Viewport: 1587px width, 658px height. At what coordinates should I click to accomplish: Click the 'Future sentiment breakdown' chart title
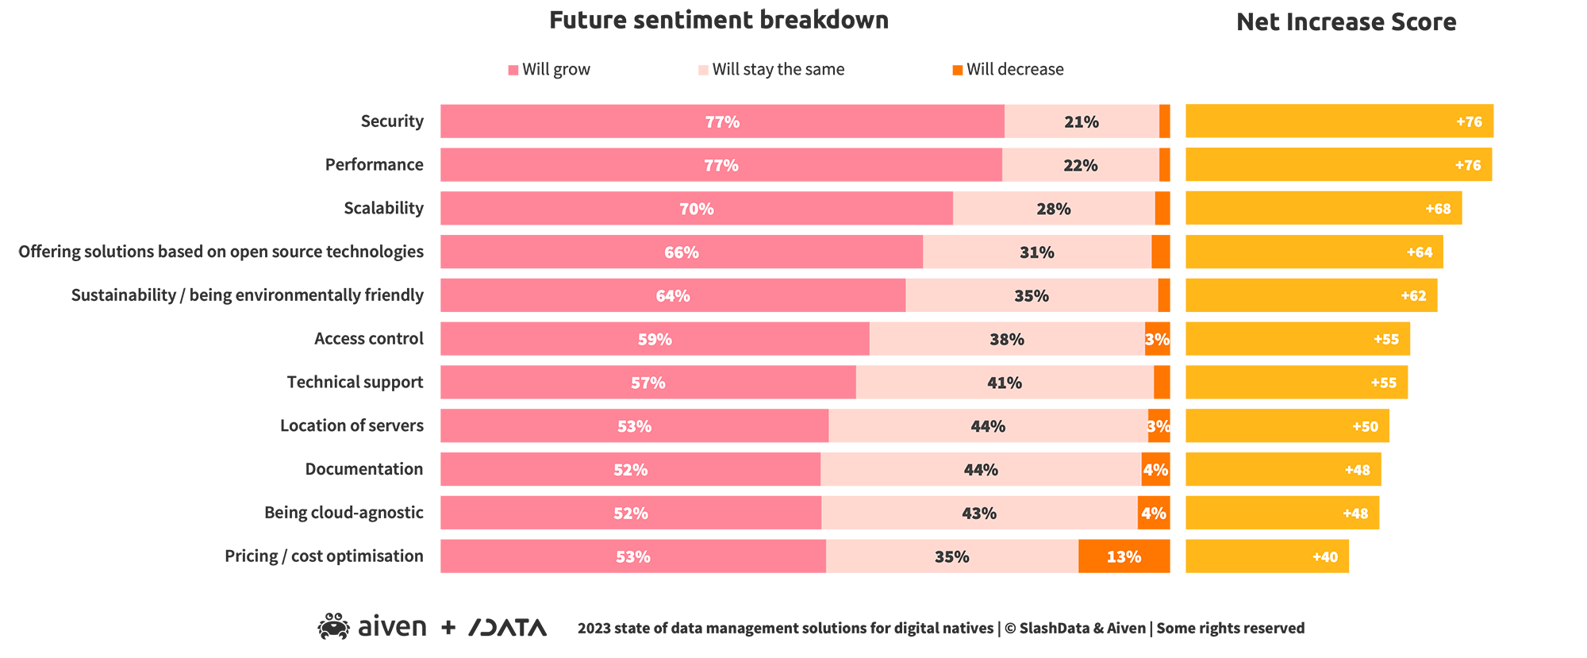coord(718,20)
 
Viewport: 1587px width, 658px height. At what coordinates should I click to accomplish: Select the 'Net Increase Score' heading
coord(1346,22)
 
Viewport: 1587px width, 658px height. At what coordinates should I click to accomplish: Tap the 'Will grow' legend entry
coord(549,70)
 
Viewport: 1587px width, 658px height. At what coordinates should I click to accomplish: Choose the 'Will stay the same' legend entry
coord(771,70)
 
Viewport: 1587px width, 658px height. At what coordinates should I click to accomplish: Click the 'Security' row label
coord(392,121)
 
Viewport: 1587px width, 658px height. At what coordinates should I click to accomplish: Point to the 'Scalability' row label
coord(383,209)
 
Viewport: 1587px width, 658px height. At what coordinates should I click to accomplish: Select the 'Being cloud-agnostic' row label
coord(344,513)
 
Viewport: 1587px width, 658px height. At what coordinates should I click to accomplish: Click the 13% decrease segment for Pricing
coord(1124,556)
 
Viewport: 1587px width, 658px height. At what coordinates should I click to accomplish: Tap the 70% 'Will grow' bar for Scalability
coord(696,209)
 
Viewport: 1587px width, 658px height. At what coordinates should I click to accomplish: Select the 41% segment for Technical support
coord(1004,383)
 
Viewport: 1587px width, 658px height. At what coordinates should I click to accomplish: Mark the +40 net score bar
coord(1266,556)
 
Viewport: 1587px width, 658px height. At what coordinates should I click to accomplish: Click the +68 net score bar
coord(1323,209)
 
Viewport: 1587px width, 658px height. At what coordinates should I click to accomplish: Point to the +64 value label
coord(1420,252)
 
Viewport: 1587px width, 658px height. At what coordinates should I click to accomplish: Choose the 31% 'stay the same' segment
coord(1036,252)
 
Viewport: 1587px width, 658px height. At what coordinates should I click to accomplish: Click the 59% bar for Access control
coord(655,339)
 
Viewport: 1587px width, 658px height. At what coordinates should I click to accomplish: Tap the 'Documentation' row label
coord(364,469)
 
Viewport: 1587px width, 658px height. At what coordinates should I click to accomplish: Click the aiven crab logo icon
coord(334,627)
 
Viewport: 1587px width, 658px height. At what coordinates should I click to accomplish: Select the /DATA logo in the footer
coord(508,628)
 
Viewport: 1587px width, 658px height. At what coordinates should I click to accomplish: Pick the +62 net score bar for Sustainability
coord(1311,295)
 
